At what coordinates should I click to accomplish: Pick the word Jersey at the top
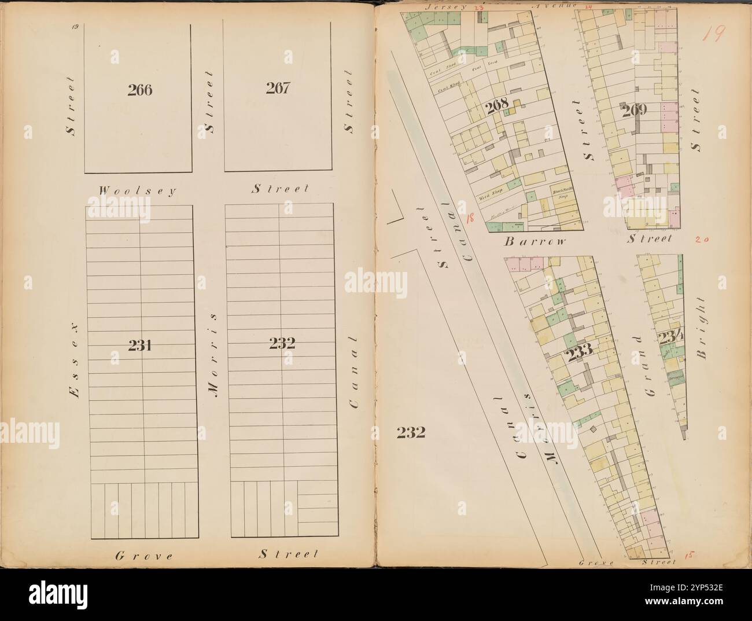(x=441, y=8)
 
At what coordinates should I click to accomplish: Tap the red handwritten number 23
(x=478, y=8)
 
